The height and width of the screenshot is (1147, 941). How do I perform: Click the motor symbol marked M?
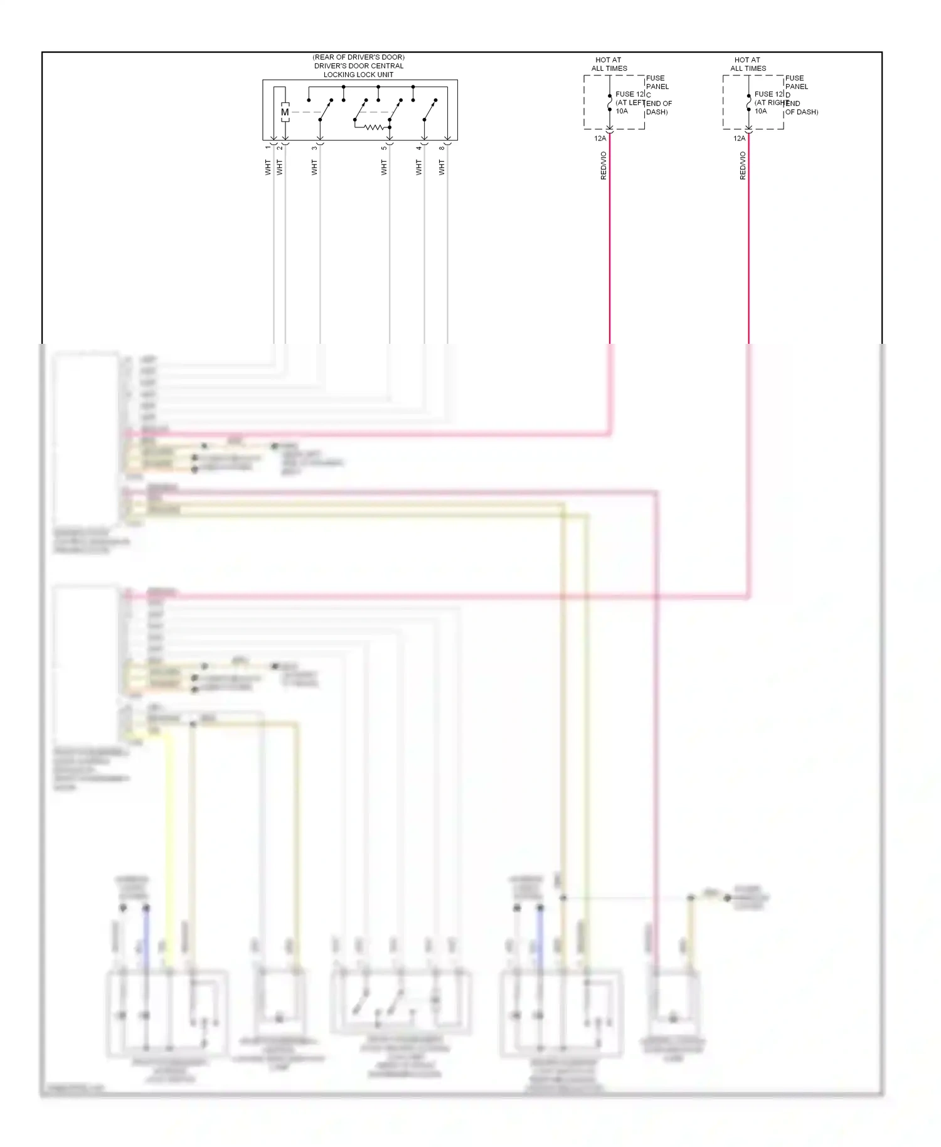(285, 112)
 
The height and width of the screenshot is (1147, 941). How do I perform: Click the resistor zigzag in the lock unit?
(374, 127)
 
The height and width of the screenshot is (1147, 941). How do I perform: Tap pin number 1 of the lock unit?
(268, 147)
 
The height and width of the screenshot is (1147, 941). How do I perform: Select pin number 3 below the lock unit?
(314, 148)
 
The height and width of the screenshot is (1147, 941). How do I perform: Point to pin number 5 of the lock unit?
(384, 148)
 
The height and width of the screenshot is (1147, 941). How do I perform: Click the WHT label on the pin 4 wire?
(418, 167)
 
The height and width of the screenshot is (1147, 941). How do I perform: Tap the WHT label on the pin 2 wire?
(279, 167)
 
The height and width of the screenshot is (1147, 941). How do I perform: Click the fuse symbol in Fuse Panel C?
(609, 102)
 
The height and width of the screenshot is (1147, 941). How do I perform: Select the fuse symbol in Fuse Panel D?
(748, 102)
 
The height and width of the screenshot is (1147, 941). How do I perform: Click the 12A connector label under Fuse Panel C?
(600, 138)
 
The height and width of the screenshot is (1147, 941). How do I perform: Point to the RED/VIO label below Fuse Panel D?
(743, 166)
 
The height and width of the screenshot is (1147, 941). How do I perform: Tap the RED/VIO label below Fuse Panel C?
(603, 166)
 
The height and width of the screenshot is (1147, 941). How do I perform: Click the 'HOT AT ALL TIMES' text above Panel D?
(748, 64)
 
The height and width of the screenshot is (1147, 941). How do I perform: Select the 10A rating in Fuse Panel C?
(621, 111)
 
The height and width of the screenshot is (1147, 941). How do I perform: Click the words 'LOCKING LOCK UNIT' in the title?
(358, 75)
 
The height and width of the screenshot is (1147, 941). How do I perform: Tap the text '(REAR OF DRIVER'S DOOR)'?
(358, 57)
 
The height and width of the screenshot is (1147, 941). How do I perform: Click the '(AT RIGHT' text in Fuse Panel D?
(770, 103)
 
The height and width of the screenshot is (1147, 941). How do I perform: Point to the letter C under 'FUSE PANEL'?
(649, 95)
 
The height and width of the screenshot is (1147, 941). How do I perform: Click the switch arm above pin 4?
(430, 110)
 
